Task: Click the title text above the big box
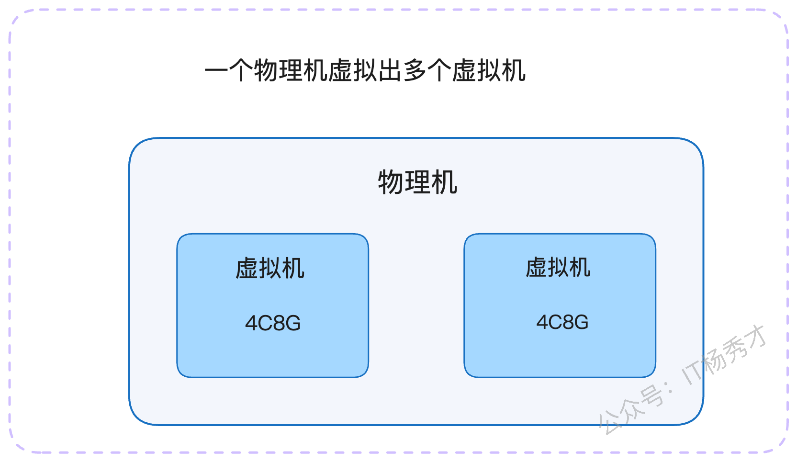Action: point(365,70)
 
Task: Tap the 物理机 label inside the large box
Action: point(417,182)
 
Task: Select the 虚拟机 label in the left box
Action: point(269,268)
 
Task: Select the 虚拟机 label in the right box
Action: point(558,267)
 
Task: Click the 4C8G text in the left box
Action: point(273,323)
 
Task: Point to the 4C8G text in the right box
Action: point(562,322)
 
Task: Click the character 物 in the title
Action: point(266,70)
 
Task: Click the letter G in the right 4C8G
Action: point(581,322)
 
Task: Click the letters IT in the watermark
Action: point(692,373)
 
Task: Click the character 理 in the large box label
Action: point(417,182)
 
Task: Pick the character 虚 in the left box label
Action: point(247,268)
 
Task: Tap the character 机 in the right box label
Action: point(580,267)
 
